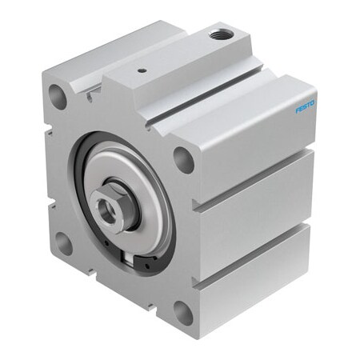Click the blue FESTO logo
tap(305, 105)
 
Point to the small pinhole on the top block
tap(142, 70)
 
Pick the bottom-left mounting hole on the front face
tap(64, 242)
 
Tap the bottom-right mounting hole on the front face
tap(182, 312)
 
